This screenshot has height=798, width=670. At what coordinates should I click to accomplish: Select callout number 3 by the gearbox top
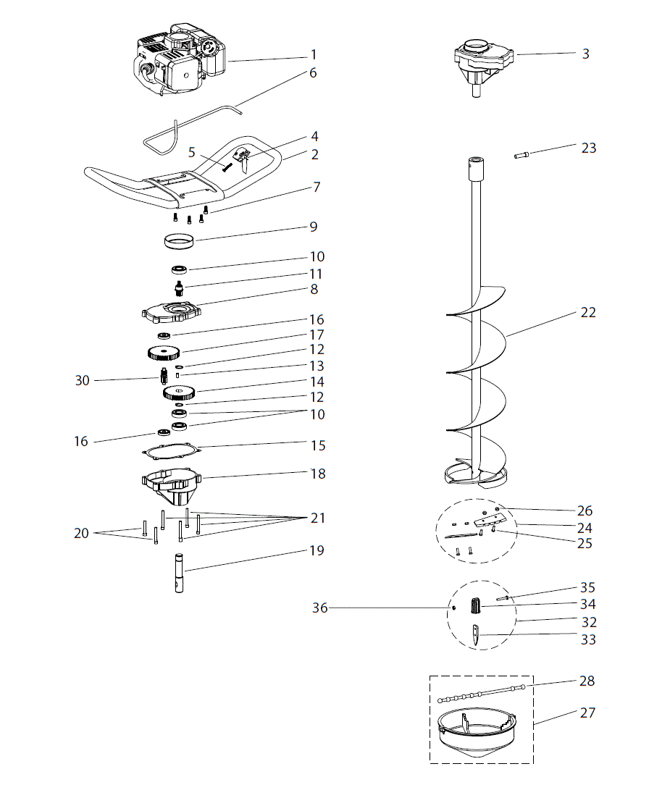pyautogui.click(x=585, y=54)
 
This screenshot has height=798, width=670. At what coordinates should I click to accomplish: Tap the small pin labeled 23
pyautogui.click(x=522, y=154)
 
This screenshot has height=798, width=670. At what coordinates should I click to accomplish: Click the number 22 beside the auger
pyautogui.click(x=587, y=313)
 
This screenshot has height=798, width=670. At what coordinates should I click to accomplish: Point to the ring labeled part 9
pyautogui.click(x=177, y=240)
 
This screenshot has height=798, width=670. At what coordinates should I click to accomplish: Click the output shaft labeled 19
pyautogui.click(x=180, y=573)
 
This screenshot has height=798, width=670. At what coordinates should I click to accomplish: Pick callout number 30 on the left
pyautogui.click(x=83, y=380)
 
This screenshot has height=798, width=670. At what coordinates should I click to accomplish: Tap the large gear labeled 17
pyautogui.click(x=163, y=353)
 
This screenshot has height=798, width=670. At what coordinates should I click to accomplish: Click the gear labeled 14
pyautogui.click(x=179, y=393)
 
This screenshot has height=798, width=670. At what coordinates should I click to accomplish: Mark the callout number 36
pyautogui.click(x=319, y=608)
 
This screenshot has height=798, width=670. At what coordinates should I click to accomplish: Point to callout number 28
pyautogui.click(x=587, y=681)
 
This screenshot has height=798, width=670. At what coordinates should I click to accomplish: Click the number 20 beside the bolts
pyautogui.click(x=81, y=534)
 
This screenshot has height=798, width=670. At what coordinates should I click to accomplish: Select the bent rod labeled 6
pyautogui.click(x=192, y=120)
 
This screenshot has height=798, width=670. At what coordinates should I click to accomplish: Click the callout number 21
pyautogui.click(x=317, y=518)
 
